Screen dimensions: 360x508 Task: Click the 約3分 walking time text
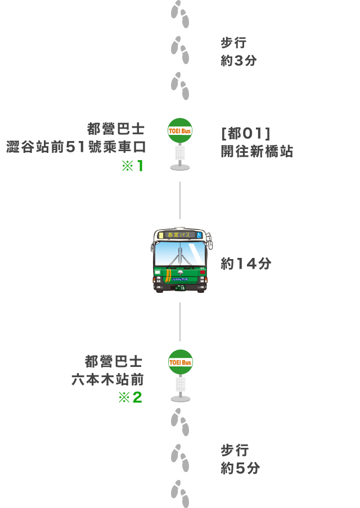click(238, 61)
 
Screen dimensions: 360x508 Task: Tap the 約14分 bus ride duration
click(246, 264)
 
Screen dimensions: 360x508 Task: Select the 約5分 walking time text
click(240, 468)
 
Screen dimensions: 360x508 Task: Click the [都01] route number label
click(245, 134)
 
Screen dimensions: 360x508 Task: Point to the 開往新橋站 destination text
click(257, 151)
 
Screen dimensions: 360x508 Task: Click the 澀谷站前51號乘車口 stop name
click(76, 147)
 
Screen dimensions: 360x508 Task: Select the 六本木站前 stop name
click(107, 379)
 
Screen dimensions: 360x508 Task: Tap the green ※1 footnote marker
click(132, 166)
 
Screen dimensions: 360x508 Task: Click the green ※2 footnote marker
click(130, 397)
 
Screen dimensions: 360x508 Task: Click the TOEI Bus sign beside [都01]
click(180, 130)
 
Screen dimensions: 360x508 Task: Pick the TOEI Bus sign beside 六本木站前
click(181, 362)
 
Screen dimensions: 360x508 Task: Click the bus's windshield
click(180, 253)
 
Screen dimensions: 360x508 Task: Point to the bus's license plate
click(180, 287)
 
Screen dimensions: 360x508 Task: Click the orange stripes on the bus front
click(168, 275)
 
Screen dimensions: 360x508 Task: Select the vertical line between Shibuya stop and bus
click(180, 200)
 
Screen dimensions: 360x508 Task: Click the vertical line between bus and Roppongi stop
click(180, 321)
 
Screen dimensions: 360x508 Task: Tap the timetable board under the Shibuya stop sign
click(180, 153)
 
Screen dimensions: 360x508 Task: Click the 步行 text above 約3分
click(233, 43)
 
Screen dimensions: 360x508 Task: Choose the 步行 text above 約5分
click(235, 450)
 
